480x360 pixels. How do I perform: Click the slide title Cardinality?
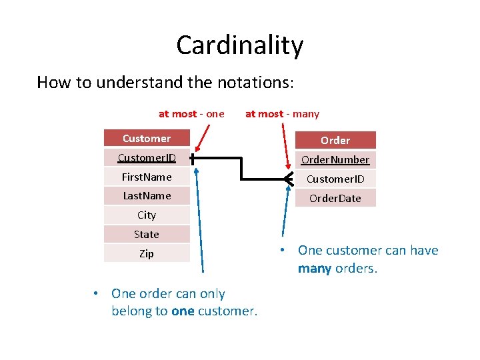(x=240, y=45)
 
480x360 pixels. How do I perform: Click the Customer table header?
(x=147, y=139)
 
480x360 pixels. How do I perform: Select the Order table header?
(x=335, y=140)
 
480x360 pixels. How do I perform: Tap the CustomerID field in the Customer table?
(x=147, y=158)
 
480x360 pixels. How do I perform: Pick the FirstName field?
(x=147, y=177)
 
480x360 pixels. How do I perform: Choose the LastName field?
(x=147, y=195)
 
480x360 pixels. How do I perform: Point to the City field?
(x=147, y=215)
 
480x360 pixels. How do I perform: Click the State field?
(x=147, y=234)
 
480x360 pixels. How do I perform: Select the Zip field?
(x=147, y=253)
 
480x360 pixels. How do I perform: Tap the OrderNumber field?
(x=335, y=160)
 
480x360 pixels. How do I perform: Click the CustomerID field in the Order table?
(x=335, y=179)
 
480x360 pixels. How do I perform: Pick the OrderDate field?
(x=335, y=198)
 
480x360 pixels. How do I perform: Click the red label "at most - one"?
(x=191, y=114)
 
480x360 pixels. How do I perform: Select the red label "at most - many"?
(x=282, y=114)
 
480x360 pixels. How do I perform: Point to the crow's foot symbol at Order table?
(x=289, y=179)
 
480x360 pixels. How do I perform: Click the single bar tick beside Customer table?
(x=192, y=159)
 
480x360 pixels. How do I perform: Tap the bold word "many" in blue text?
(x=315, y=269)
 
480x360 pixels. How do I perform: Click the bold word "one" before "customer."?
(x=183, y=311)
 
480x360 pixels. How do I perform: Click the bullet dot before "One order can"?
(x=97, y=294)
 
